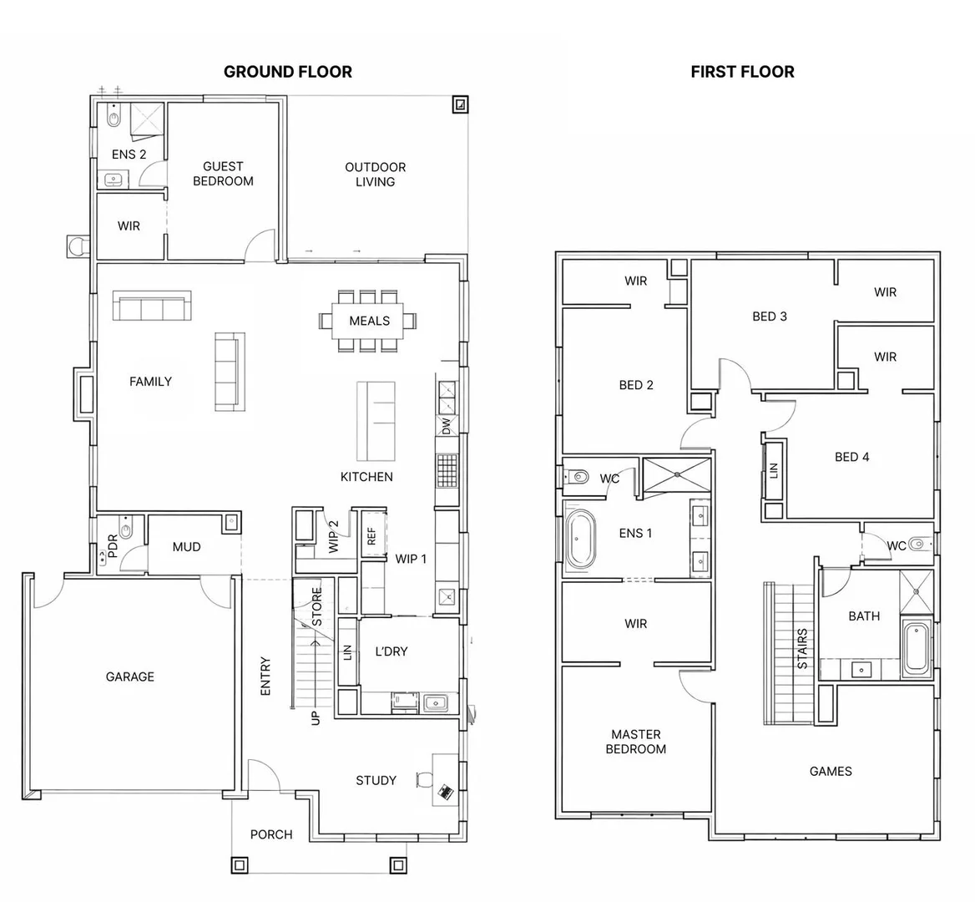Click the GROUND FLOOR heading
coord(287,72)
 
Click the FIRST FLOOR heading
coord(742,72)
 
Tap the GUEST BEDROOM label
coord(223,174)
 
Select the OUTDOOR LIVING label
coord(375,175)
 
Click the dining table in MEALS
coord(369,321)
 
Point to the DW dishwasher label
coord(446,426)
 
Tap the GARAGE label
coord(129,676)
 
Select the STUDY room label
coord(376,780)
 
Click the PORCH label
coord(271,834)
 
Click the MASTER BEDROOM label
coord(635,742)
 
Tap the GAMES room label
coord(831,771)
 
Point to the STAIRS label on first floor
coord(802,648)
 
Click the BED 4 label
coord(851,457)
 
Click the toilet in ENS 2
coord(114,118)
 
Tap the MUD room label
coord(186,547)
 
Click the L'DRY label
coord(391,651)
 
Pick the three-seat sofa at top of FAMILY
coord(152,306)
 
